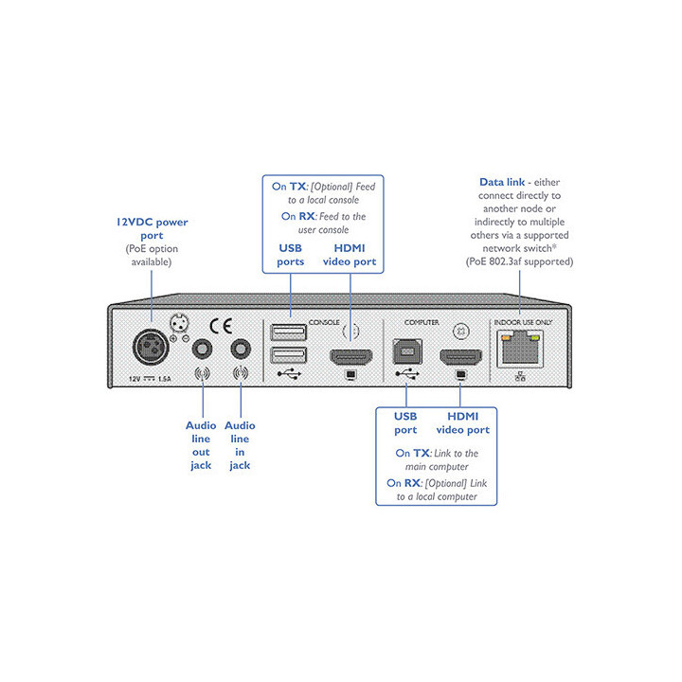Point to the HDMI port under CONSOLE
coord(351,359)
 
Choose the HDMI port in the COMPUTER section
coord(461,359)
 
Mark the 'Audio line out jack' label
coord(201,445)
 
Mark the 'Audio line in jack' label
coord(240,445)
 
